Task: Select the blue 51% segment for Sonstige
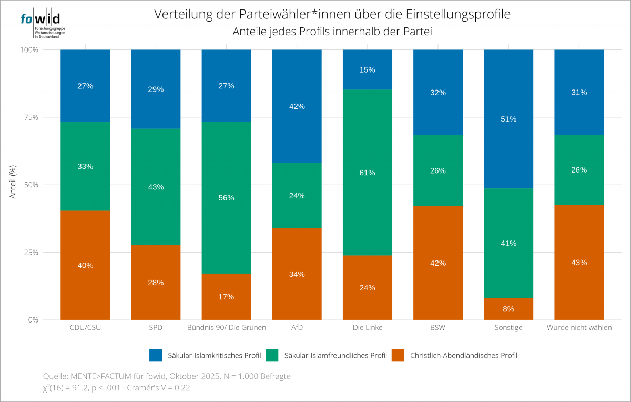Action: coord(508,119)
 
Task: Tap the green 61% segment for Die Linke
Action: coord(368,173)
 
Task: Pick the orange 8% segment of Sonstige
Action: coord(508,309)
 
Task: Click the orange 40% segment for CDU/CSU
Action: coord(85,265)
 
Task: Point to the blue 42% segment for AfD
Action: coord(297,106)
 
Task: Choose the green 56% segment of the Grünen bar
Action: coord(226,198)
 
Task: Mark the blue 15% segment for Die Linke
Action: coord(368,69)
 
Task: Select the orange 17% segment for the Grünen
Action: coord(226,297)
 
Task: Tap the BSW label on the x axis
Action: coord(438,328)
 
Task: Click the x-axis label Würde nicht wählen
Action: coord(579,328)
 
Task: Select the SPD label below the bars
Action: coord(156,328)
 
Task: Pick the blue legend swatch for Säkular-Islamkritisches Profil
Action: coord(156,355)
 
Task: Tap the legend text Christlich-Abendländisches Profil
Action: coord(463,355)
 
